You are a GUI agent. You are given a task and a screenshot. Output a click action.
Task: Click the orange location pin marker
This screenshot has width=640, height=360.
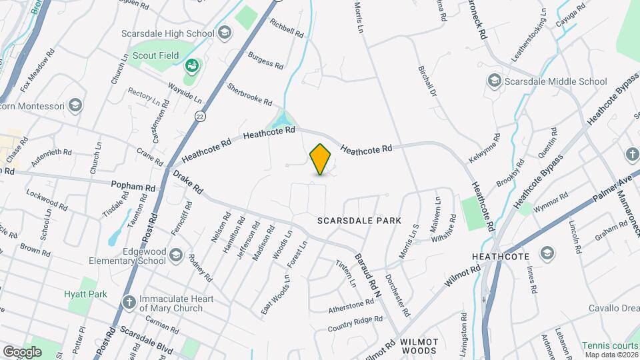coord(321,159)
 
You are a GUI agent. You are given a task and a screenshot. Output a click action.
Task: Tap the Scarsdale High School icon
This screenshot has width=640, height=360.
coord(225,33)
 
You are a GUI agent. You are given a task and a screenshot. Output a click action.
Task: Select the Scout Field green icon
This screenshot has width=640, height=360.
coord(192,65)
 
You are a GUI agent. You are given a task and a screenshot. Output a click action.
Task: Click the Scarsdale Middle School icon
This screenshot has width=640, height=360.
coord(494,81)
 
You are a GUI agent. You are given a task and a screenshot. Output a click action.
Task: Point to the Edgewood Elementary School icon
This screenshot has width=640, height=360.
coord(175,254)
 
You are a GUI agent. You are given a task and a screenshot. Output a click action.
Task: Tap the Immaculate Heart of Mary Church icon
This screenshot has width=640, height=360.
coord(129,302)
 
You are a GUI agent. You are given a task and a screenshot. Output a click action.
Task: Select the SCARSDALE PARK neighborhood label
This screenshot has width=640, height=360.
coord(359,220)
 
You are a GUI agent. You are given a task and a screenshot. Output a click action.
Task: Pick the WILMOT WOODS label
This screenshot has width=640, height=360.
coord(419,345)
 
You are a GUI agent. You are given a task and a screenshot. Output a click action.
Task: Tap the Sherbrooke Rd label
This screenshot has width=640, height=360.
coord(249,95)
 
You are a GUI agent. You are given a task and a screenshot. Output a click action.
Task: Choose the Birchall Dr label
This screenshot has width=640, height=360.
coord(427,82)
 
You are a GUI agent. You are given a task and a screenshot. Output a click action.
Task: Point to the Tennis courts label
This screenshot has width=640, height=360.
coord(610,345)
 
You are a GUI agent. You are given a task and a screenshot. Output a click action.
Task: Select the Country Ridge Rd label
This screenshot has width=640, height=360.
coord(355,324)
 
